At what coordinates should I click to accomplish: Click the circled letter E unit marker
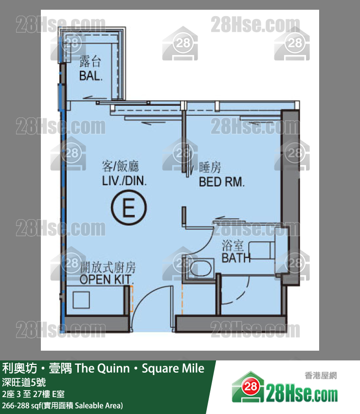129,207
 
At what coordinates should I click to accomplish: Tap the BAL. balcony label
90,76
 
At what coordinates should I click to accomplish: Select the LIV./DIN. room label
124,181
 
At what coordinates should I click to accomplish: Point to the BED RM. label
221,182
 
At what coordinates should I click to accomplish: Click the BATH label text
236,258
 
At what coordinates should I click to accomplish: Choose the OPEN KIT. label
106,280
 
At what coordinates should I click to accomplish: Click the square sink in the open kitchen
81,300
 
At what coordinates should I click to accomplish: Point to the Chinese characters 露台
90,62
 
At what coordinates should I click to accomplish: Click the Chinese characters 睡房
210,168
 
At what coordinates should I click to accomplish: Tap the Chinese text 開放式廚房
108,267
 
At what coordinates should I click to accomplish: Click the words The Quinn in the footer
102,368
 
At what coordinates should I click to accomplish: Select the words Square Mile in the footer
173,369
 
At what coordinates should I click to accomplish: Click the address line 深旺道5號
24,382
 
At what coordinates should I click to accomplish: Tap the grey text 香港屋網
321,376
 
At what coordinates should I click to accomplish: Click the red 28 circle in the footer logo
250,387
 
